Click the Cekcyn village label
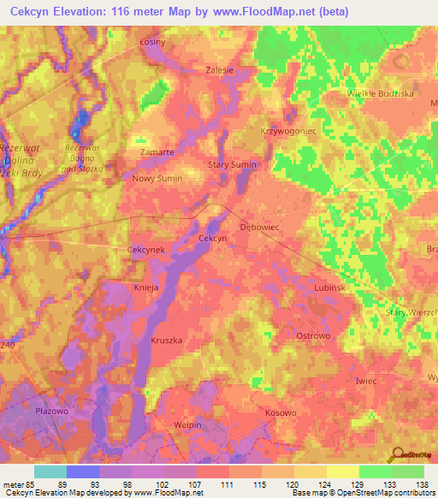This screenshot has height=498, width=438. pyautogui.click(x=212, y=239)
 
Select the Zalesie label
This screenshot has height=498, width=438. pyautogui.click(x=220, y=71)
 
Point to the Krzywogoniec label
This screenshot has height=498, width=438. pyautogui.click(x=282, y=133)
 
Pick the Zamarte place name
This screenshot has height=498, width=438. pyautogui.click(x=157, y=151)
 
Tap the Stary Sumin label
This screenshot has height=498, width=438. pyautogui.click(x=233, y=163)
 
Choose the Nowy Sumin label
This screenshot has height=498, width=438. pyautogui.click(x=157, y=178)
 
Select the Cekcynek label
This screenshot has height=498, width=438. pyautogui.click(x=145, y=249)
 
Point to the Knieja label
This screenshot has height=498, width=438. pyautogui.click(x=146, y=288)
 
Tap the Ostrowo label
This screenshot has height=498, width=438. pyautogui.click(x=312, y=335)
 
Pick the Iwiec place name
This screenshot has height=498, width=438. pyautogui.click(x=365, y=380)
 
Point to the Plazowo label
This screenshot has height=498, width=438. pyautogui.click(x=51, y=411)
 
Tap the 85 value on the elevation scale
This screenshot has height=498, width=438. pyautogui.click(x=31, y=483)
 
